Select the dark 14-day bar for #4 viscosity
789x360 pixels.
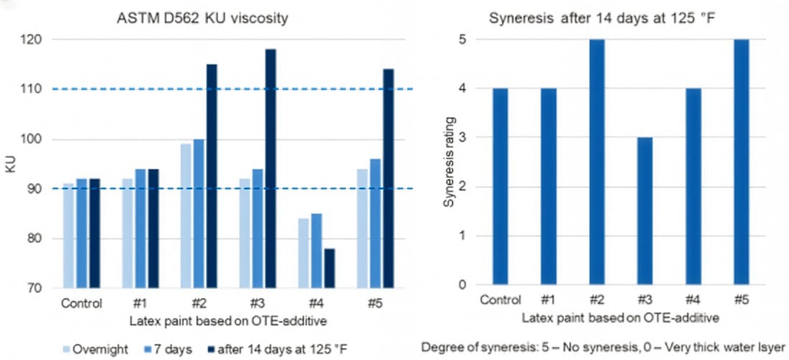pyautogui.click(x=329, y=268)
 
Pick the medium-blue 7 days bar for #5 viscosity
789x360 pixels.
pyautogui.click(x=374, y=223)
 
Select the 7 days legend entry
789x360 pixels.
pyautogui.click(x=169, y=348)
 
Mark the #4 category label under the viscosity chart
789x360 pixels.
pyautogui.click(x=315, y=302)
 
